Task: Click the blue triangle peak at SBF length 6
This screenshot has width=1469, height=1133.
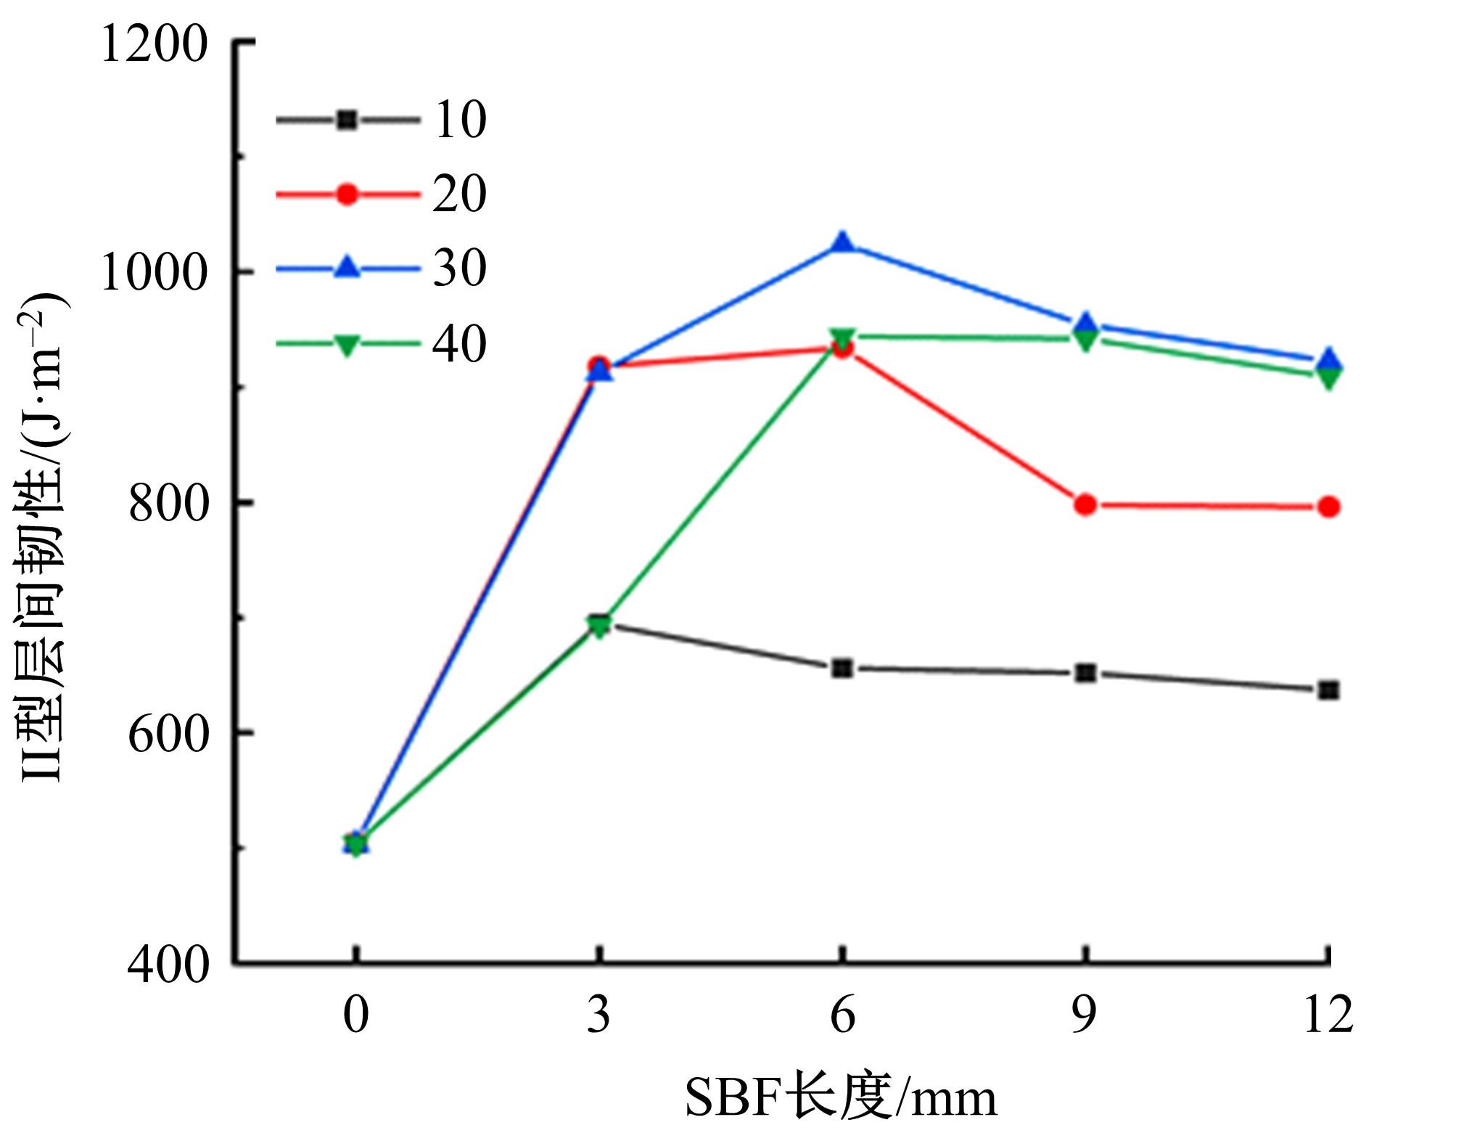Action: pyautogui.click(x=842, y=243)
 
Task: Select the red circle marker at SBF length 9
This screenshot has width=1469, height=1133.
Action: pyautogui.click(x=1085, y=504)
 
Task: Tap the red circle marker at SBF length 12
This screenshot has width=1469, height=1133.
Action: pyautogui.click(x=1329, y=507)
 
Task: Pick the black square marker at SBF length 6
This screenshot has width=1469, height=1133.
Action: pyautogui.click(x=842, y=668)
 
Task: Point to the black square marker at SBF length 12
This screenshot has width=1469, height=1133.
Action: pyautogui.click(x=1329, y=690)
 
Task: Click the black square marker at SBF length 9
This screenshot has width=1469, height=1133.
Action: pyautogui.click(x=1085, y=673)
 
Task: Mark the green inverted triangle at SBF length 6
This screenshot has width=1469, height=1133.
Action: pyautogui.click(x=842, y=338)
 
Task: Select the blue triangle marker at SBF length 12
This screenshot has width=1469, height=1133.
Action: pyautogui.click(x=1329, y=359)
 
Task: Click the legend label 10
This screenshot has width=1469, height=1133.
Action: pyautogui.click(x=460, y=120)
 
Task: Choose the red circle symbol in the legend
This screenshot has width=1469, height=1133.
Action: pyautogui.click(x=347, y=194)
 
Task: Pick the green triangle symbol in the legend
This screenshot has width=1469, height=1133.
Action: pyautogui.click(x=347, y=344)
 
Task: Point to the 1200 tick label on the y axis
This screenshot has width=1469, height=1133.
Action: pyautogui.click(x=154, y=45)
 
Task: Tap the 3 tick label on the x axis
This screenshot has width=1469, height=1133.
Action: pyautogui.click(x=598, y=1014)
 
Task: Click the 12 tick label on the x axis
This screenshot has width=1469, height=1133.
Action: pyautogui.click(x=1328, y=1014)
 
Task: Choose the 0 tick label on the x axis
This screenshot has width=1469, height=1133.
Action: pyautogui.click(x=355, y=1014)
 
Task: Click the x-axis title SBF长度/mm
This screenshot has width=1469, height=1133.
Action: pyautogui.click(x=841, y=1097)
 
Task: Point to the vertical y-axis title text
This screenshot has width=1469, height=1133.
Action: pyautogui.click(x=44, y=537)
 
